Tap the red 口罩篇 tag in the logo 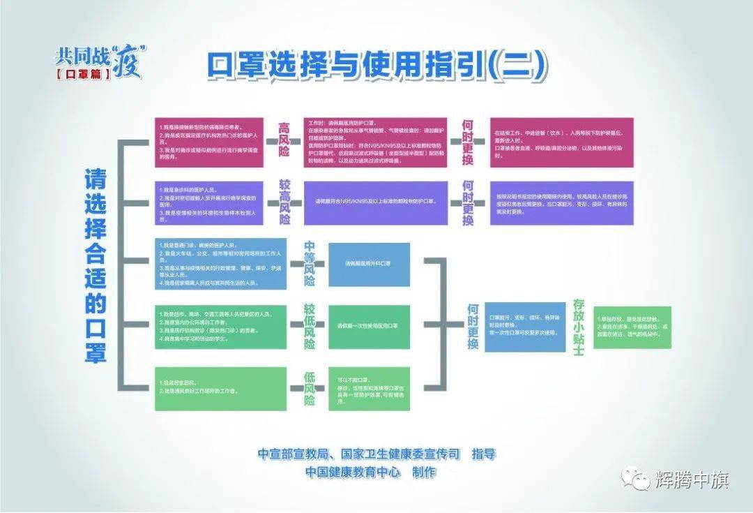click(83, 73)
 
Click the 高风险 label click(283, 142)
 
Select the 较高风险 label click(283, 202)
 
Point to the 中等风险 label click(309, 264)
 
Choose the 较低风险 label click(309, 326)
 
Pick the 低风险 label click(309, 388)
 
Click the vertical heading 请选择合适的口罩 click(96, 265)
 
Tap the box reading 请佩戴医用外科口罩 click(368, 265)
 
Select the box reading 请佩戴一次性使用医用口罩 click(368, 326)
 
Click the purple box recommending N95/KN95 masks click(375, 202)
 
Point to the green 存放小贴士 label click(577, 326)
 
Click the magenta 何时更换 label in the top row click(468, 142)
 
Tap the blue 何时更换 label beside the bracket click(473, 326)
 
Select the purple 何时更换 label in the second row click(468, 202)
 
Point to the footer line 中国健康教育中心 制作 click(370, 473)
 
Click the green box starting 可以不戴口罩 click(368, 388)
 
